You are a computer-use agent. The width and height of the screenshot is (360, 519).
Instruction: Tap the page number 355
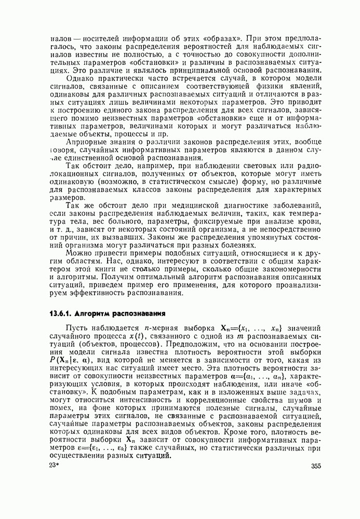316,466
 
